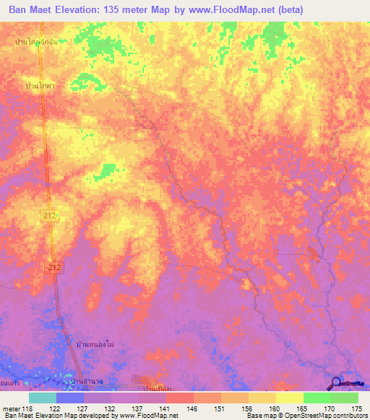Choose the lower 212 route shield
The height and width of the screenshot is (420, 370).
tap(57, 267)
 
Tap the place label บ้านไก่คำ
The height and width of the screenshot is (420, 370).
tap(40, 85)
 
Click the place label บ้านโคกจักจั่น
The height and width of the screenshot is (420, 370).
tap(35, 43)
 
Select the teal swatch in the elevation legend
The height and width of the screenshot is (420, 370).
tap(43, 398)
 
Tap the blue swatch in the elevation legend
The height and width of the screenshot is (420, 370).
tap(70, 398)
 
